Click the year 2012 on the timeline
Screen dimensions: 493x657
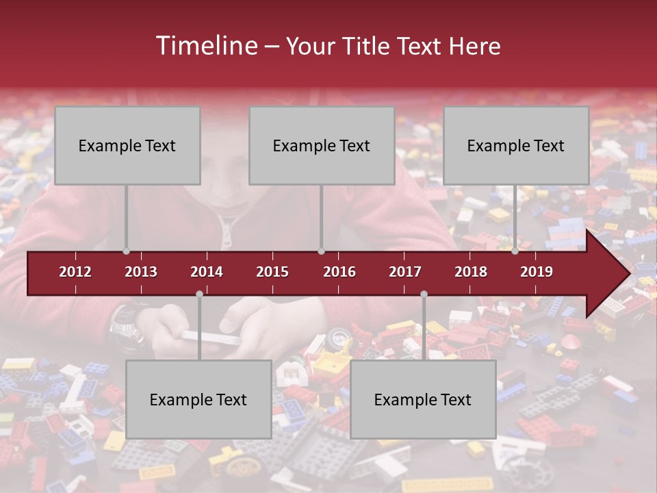75,272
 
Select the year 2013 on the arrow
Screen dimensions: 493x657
141,272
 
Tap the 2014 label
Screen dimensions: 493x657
207,272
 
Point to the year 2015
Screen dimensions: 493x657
272,272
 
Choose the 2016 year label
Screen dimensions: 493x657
339,272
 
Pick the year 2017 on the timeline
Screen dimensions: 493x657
405,272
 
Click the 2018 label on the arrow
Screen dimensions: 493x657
471,272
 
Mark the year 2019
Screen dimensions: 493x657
537,272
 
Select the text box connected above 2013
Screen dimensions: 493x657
127,145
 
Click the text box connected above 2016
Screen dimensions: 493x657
322,145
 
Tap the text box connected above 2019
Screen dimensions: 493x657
516,145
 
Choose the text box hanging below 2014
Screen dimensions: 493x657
198,399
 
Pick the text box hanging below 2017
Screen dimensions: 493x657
423,399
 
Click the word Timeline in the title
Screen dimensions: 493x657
205,46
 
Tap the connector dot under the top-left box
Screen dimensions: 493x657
126,251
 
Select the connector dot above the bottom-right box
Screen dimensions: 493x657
424,294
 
